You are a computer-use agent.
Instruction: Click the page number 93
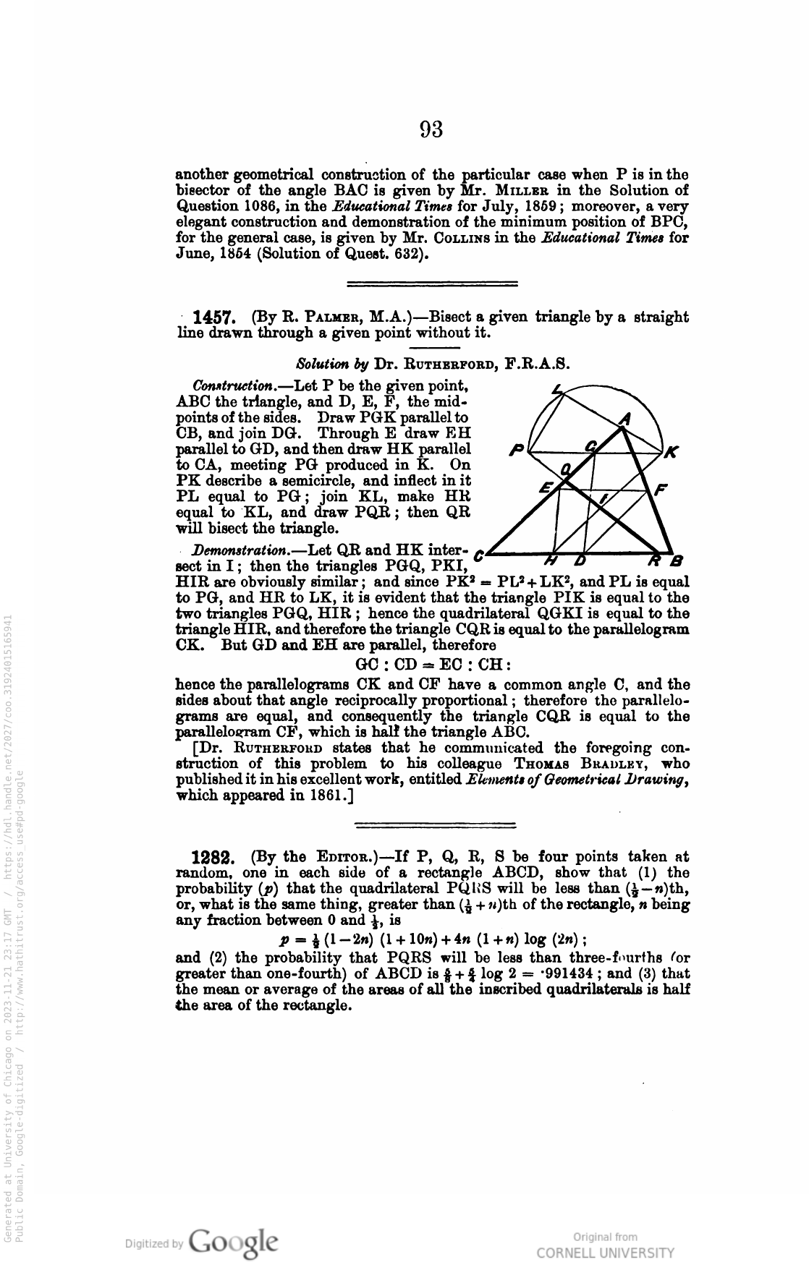coord(431,130)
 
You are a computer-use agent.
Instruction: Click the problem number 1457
coord(211,317)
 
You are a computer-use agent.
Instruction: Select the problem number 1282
coord(211,858)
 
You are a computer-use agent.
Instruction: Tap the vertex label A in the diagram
coord(627,419)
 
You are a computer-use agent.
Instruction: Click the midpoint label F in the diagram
coord(658,490)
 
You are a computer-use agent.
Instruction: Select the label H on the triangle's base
coord(551,562)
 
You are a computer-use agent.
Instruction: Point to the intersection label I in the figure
coord(603,498)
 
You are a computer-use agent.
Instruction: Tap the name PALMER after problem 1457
coord(323,317)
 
